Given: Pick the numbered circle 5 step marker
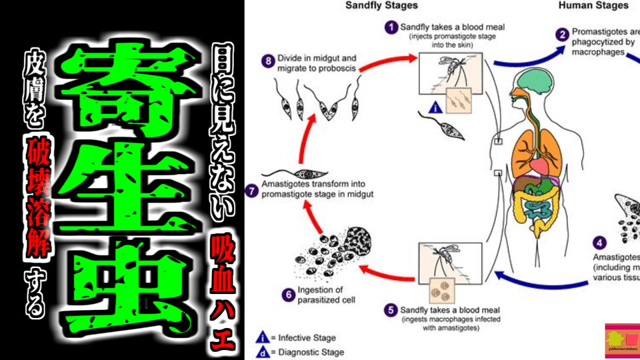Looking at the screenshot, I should click(x=390, y=310).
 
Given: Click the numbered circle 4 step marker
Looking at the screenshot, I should click(x=601, y=243).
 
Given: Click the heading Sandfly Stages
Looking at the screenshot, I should click(x=382, y=5).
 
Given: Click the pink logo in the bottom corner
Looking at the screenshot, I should click(x=621, y=341).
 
